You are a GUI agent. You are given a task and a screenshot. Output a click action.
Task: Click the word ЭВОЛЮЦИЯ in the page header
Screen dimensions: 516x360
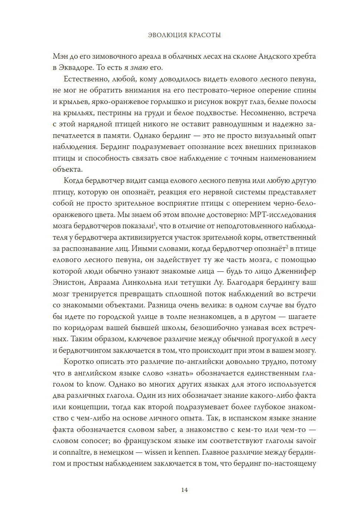pos(167,35)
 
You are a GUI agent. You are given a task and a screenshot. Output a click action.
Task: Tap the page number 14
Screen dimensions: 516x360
pos(184,490)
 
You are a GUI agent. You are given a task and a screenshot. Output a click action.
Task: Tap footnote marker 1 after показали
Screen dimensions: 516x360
pos(155,224)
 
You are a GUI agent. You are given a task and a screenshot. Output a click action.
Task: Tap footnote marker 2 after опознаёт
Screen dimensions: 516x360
pos(287,246)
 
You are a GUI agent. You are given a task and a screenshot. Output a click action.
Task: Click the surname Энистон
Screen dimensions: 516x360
pos(69,283)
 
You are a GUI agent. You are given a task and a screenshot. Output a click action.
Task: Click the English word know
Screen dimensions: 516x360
pos(95,384)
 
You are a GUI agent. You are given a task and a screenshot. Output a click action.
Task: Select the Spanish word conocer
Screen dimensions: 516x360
pos(93,441)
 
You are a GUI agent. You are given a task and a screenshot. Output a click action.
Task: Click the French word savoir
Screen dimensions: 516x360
pos(306,441)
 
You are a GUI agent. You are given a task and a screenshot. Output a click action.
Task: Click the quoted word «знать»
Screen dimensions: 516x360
pos(179,373)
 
